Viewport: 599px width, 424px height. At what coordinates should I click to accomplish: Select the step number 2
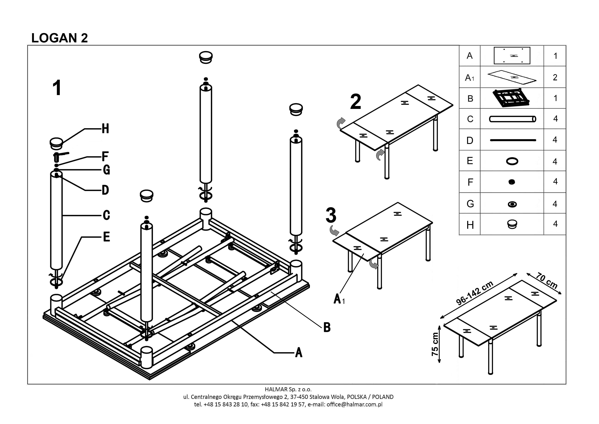click(356, 102)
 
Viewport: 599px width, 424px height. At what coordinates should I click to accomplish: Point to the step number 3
click(331, 215)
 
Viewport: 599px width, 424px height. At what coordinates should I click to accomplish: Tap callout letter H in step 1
click(105, 129)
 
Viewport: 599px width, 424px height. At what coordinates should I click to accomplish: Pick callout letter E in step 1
click(106, 237)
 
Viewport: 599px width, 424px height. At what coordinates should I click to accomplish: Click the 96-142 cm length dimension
click(475, 293)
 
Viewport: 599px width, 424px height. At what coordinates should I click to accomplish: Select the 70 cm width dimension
click(547, 281)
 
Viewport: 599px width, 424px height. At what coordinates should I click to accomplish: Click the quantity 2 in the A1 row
click(555, 77)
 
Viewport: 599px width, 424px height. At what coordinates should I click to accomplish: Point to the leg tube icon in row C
click(512, 119)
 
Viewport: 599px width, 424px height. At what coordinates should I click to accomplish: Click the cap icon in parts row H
click(512, 224)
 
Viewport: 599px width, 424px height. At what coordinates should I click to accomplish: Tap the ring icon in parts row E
click(512, 161)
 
